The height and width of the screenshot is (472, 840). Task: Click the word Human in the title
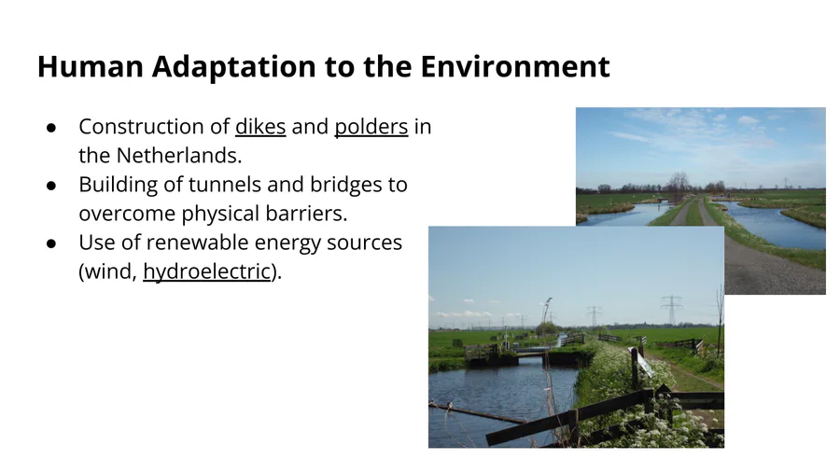(90, 66)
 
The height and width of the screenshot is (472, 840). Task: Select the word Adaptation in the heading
(233, 67)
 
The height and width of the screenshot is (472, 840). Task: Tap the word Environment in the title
(515, 66)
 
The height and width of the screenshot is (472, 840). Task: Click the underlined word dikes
(260, 127)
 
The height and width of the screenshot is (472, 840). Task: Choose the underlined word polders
(371, 127)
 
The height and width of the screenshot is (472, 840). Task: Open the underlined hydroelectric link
(207, 271)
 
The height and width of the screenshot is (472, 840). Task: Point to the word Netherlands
(179, 156)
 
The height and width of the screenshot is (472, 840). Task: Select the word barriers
(306, 214)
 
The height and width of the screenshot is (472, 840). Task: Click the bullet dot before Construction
(51, 128)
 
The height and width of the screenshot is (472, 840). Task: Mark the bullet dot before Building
(51, 185)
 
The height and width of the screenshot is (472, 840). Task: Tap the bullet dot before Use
(51, 243)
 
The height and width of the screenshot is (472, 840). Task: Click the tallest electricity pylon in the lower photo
(671, 310)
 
